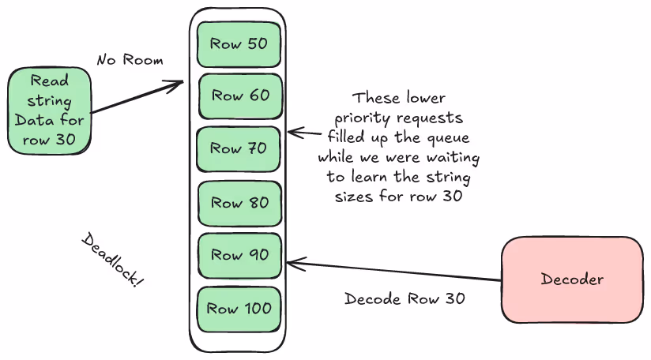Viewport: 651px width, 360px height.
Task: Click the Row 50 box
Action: click(x=239, y=44)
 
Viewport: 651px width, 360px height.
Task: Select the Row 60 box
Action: click(x=239, y=96)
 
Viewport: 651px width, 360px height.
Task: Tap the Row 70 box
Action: click(x=239, y=148)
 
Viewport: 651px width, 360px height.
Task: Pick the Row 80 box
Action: click(x=239, y=203)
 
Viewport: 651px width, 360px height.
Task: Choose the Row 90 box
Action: click(x=239, y=255)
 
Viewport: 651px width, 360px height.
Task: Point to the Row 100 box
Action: click(x=239, y=309)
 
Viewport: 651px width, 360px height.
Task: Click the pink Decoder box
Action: click(x=572, y=279)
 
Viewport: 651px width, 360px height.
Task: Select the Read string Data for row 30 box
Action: click(x=49, y=111)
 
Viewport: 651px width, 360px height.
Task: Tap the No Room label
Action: click(x=130, y=60)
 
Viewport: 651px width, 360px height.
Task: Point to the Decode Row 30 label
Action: click(x=405, y=299)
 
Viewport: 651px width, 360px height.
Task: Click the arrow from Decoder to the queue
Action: click(x=395, y=271)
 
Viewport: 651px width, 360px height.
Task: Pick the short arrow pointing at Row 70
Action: click(x=300, y=133)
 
